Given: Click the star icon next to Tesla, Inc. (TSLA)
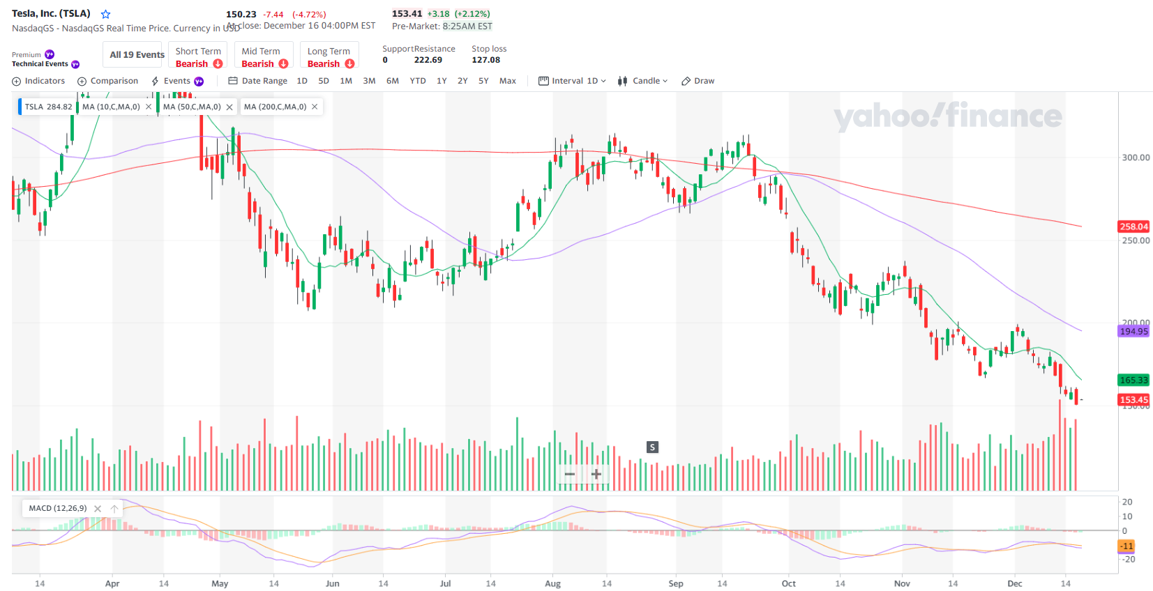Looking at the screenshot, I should (x=105, y=14).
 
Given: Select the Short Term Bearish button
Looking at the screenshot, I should (x=198, y=57).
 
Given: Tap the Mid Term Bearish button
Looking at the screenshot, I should (x=264, y=57).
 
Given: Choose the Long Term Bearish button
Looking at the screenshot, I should (x=330, y=57).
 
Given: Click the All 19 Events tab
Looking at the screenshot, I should (x=137, y=55).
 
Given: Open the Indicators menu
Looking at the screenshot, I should (x=39, y=81).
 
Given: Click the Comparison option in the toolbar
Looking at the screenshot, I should (x=108, y=81).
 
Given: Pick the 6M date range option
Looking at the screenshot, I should (x=393, y=81).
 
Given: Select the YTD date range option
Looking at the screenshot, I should (x=418, y=81).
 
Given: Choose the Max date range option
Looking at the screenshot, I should (x=508, y=81).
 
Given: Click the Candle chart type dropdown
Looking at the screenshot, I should (x=643, y=81).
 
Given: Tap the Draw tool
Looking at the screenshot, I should (x=698, y=81).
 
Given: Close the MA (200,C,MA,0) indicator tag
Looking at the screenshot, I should (x=315, y=107).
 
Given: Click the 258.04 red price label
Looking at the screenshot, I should (x=1133, y=227).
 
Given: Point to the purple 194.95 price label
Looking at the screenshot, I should (x=1133, y=331).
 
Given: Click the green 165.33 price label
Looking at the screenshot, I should (x=1133, y=380).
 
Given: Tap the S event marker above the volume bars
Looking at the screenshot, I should (x=652, y=447).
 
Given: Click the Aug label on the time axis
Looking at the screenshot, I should (x=552, y=583).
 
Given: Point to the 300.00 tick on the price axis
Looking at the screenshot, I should (x=1136, y=158).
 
